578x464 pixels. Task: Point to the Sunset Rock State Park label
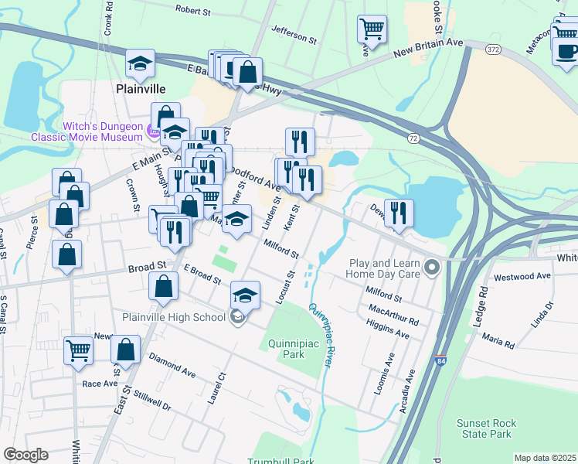(x=484, y=428)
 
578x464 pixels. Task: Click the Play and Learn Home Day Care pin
(x=432, y=268)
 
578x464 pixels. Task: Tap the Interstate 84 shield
(x=440, y=360)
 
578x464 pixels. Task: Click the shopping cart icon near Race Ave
(x=79, y=350)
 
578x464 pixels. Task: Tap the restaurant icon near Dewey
(x=399, y=213)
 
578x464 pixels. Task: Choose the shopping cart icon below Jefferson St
(x=372, y=29)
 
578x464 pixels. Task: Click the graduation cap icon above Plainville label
(x=140, y=63)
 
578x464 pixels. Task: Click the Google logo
(x=25, y=455)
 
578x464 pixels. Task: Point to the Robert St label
(x=193, y=10)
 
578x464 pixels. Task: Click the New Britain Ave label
(x=427, y=52)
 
